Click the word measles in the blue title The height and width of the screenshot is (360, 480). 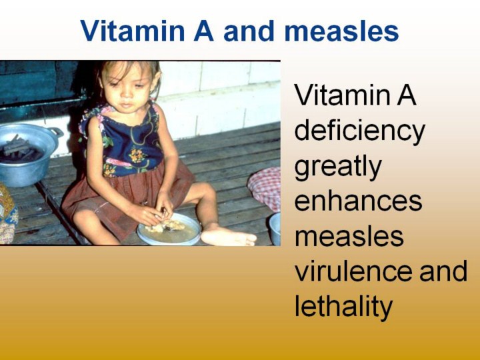(x=341, y=31)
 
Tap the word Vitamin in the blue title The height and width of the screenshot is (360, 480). (x=133, y=31)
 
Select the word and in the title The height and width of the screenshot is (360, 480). (x=249, y=31)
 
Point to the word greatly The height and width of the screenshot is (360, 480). (x=338, y=167)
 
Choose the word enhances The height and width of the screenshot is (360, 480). (x=358, y=201)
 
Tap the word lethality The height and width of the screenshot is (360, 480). (x=343, y=306)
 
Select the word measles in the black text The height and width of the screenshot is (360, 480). (x=349, y=236)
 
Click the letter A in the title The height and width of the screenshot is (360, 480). (x=203, y=31)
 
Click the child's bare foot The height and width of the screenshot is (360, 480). (x=228, y=237)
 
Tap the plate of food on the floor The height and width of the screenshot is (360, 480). (x=169, y=229)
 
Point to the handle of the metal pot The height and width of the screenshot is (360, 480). (x=56, y=132)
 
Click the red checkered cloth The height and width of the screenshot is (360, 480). (x=265, y=187)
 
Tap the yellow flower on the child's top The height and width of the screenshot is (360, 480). (x=136, y=155)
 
